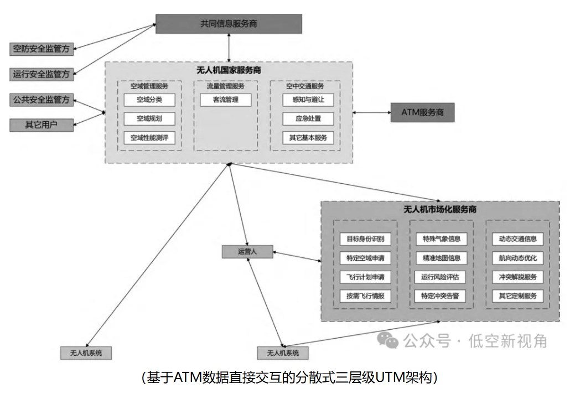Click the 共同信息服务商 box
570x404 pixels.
tap(229, 24)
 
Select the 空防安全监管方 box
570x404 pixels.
tap(42, 49)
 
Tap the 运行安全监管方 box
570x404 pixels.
tap(42, 74)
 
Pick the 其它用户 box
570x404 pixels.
tap(42, 125)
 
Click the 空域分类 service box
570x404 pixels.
tap(149, 100)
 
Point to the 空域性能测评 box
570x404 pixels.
tap(149, 138)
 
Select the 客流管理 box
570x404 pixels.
tap(225, 100)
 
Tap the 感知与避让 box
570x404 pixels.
tap(308, 100)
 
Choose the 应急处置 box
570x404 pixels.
tap(308, 119)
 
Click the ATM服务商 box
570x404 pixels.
tap(424, 112)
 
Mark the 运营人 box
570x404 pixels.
tap(247, 252)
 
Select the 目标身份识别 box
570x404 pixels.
tap(365, 239)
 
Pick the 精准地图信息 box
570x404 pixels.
tap(441, 258)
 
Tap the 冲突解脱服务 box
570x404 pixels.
tap(517, 277)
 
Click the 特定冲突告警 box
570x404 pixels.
tap(441, 296)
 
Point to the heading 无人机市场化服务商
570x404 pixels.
tap(440, 210)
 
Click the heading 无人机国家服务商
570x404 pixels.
tap(229, 70)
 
